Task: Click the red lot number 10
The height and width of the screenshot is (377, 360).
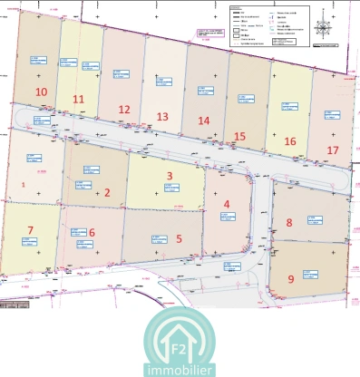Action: [41, 92]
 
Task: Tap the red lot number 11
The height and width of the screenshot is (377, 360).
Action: [79, 100]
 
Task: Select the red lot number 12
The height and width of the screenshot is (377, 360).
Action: [124, 110]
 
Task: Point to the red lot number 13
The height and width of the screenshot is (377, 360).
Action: [162, 117]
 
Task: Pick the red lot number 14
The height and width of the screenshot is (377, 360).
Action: [204, 121]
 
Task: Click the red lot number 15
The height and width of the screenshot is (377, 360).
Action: [239, 136]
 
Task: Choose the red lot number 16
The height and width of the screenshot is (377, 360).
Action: [290, 141]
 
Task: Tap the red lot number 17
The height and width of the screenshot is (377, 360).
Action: [334, 150]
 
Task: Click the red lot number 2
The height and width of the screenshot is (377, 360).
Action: [107, 192]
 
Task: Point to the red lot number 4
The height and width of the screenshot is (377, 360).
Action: [227, 205]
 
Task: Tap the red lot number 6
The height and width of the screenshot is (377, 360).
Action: [92, 232]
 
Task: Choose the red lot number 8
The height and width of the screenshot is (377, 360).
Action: [289, 223]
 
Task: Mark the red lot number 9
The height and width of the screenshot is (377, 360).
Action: [290, 279]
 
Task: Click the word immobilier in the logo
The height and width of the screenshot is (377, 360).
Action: [180, 370]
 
